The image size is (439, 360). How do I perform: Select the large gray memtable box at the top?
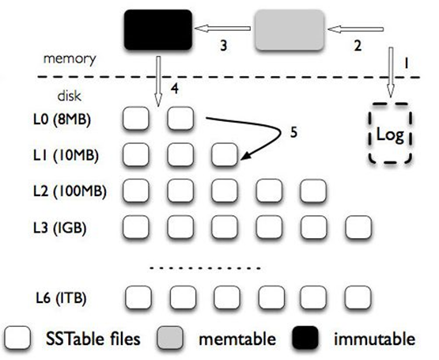(x=288, y=31)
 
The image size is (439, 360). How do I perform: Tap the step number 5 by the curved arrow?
(x=293, y=133)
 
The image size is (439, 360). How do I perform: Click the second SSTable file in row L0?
(x=181, y=120)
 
